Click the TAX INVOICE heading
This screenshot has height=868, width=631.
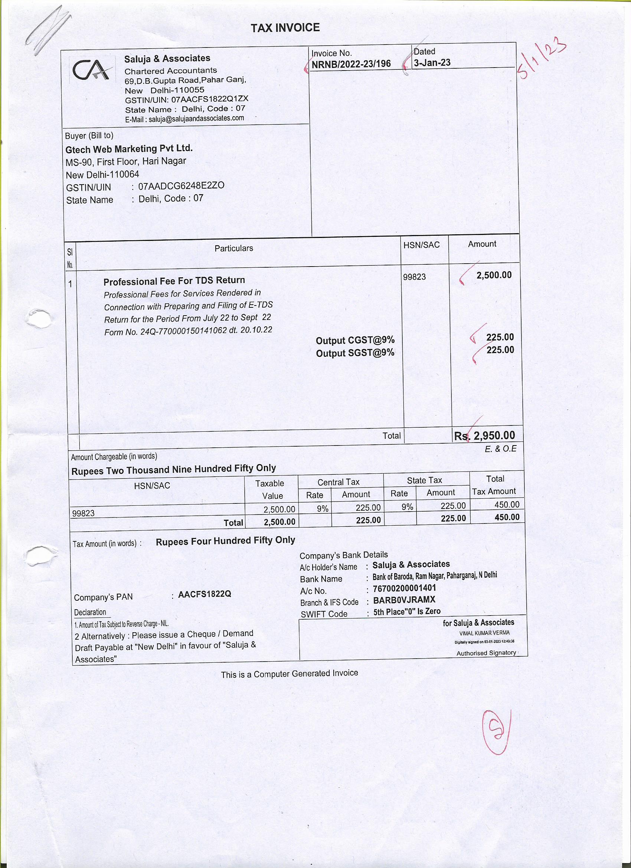point(285,28)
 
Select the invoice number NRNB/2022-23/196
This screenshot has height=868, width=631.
point(351,64)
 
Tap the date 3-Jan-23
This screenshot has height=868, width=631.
point(432,63)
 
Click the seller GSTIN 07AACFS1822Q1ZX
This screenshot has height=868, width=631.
point(209,99)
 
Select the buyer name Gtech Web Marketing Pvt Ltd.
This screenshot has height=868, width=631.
point(129,149)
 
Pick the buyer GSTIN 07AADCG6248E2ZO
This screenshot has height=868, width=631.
point(181,186)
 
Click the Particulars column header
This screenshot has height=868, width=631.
point(233,248)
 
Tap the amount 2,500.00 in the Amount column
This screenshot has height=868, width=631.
point(494,275)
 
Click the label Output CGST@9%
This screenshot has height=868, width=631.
point(355,340)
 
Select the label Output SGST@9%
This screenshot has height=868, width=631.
point(355,353)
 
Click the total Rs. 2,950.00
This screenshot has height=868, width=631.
point(484,435)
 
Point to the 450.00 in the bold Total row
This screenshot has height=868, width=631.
point(507,517)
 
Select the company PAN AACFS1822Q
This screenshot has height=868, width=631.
point(205,594)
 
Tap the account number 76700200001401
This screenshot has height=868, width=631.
point(404,588)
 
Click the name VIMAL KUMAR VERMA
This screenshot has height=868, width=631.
point(484,633)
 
